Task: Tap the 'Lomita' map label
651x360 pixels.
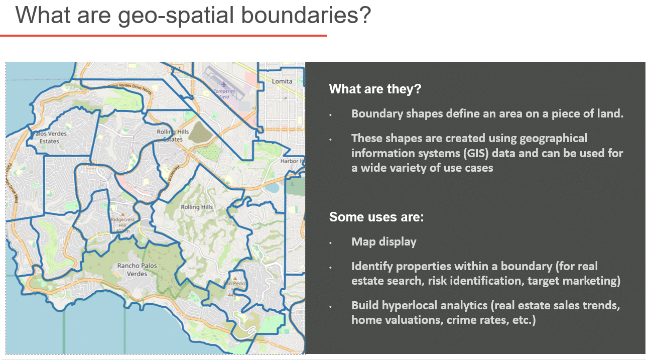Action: pos(282,81)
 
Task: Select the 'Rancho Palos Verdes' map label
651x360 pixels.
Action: pos(137,270)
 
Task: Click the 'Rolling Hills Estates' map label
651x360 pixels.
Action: pos(173,135)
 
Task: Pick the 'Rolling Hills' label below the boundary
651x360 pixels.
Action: pos(197,207)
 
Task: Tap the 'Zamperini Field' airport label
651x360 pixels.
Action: pos(221,94)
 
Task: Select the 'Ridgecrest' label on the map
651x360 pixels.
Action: pos(122,219)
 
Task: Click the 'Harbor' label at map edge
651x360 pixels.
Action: pos(291,161)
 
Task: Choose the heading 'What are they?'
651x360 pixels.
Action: pos(375,89)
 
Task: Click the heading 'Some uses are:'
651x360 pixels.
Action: pos(376,217)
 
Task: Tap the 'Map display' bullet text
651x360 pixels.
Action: pos(383,242)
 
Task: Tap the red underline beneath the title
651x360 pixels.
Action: pos(163,36)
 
